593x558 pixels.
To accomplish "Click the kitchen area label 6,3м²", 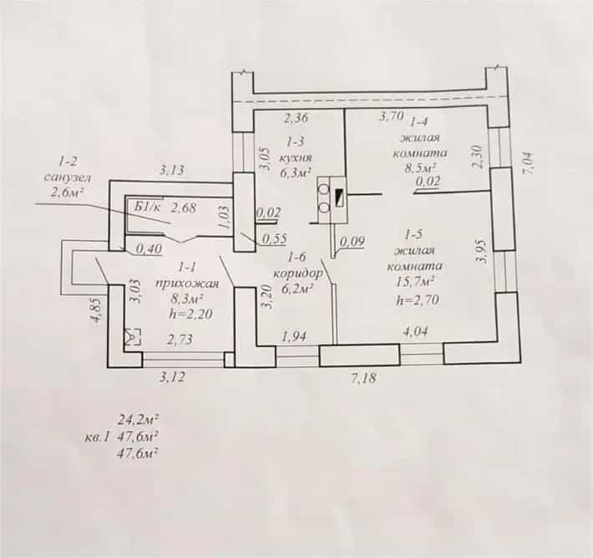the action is [x=296, y=172].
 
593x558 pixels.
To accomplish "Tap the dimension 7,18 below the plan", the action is [x=364, y=377].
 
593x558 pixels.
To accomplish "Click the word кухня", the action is [x=296, y=157].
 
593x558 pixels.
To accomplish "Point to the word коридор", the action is [x=298, y=273].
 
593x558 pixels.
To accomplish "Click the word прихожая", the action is [x=187, y=283].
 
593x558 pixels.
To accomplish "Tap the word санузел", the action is [x=68, y=177].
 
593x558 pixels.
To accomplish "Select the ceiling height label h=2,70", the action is [x=418, y=300].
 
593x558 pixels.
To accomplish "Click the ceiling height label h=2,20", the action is [x=191, y=314].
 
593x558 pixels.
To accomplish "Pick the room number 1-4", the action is [x=418, y=121].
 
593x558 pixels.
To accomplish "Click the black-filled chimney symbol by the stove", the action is [x=339, y=197].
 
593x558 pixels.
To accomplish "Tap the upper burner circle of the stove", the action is [x=324, y=189].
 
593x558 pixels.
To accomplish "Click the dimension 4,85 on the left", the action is [x=96, y=310].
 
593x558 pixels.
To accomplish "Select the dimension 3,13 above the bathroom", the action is [x=171, y=170].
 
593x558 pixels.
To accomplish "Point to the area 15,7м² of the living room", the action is [x=415, y=282].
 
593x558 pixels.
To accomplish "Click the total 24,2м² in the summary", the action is [x=138, y=420].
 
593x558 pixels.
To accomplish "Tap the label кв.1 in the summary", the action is [x=97, y=438].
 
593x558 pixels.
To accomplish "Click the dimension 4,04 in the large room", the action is [x=415, y=332].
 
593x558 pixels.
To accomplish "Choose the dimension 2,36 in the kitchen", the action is [x=296, y=118].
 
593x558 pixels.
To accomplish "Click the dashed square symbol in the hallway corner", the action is [x=133, y=336].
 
